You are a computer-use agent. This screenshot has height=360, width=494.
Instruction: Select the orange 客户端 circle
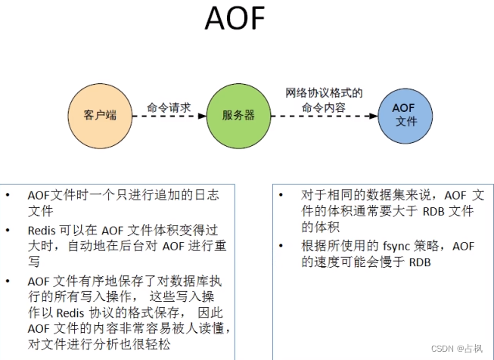pos(100,116)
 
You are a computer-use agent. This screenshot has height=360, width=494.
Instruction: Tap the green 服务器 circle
pos(238,116)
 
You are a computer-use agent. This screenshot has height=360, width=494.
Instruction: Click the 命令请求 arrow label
pos(169,107)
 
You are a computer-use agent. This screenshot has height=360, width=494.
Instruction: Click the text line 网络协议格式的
pos(324,93)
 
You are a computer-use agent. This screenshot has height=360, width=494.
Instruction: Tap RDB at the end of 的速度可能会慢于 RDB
pos(422,262)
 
